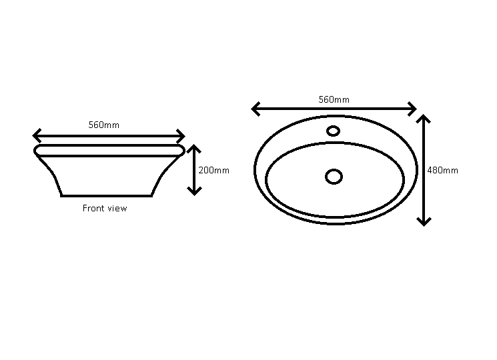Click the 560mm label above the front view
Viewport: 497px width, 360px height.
(103, 125)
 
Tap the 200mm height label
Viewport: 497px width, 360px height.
(213, 171)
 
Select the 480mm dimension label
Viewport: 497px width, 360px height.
(442, 171)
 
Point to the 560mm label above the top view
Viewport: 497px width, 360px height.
(334, 100)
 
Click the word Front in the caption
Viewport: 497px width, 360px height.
(94, 208)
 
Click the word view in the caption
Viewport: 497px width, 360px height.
(117, 209)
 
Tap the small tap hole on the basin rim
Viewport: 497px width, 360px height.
(333, 131)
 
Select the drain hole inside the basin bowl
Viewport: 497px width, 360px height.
(334, 177)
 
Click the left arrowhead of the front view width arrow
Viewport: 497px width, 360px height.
(36, 136)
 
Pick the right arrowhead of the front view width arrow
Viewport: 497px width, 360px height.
(181, 136)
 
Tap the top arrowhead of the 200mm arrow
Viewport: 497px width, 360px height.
(194, 148)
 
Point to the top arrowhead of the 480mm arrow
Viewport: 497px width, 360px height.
(424, 118)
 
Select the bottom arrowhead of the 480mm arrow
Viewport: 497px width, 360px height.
(424, 222)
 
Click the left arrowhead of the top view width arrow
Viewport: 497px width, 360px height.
(255, 109)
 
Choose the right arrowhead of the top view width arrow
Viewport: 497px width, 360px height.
(413, 109)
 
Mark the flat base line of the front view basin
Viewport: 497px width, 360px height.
(107, 196)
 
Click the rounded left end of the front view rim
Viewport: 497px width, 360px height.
(35, 151)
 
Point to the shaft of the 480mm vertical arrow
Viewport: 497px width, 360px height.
(424, 171)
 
